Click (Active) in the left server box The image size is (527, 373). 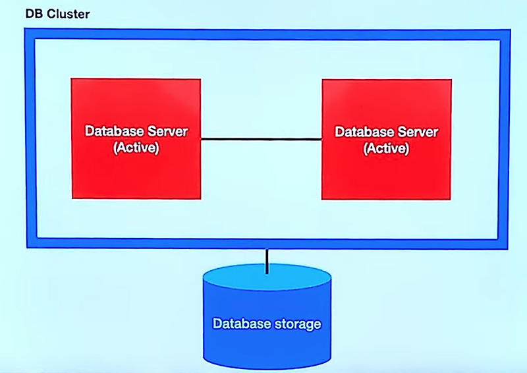coord(136,147)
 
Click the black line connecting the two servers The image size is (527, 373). coord(261,139)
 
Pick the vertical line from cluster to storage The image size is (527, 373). coord(267,261)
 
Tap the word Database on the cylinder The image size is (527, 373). coord(240,324)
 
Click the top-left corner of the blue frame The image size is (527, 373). coord(28,34)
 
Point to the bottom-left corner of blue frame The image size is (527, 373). coord(28,243)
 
